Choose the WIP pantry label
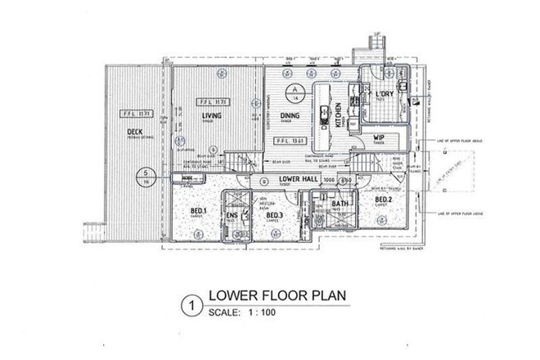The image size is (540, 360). [379, 137]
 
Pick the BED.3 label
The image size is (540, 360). [276, 215]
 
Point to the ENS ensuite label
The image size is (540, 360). [232, 215]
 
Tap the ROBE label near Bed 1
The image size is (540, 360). [187, 177]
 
